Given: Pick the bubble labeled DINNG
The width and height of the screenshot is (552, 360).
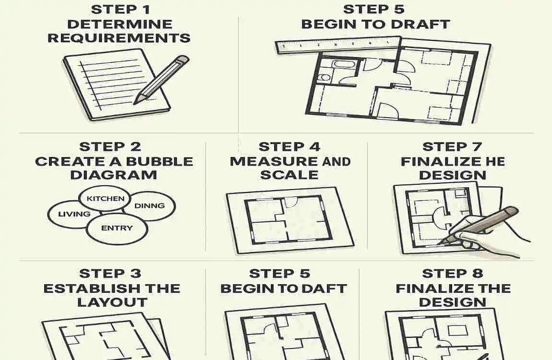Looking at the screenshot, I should point(150,206).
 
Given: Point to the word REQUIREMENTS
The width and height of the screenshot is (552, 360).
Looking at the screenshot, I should point(119,38).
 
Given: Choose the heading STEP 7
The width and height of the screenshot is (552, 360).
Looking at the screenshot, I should point(452,147).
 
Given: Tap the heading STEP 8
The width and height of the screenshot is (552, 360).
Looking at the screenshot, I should point(452,274).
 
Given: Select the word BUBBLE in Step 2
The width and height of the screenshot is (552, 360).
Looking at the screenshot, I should point(160,161).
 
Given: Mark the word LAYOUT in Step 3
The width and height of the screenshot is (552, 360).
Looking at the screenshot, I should point(112,302).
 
